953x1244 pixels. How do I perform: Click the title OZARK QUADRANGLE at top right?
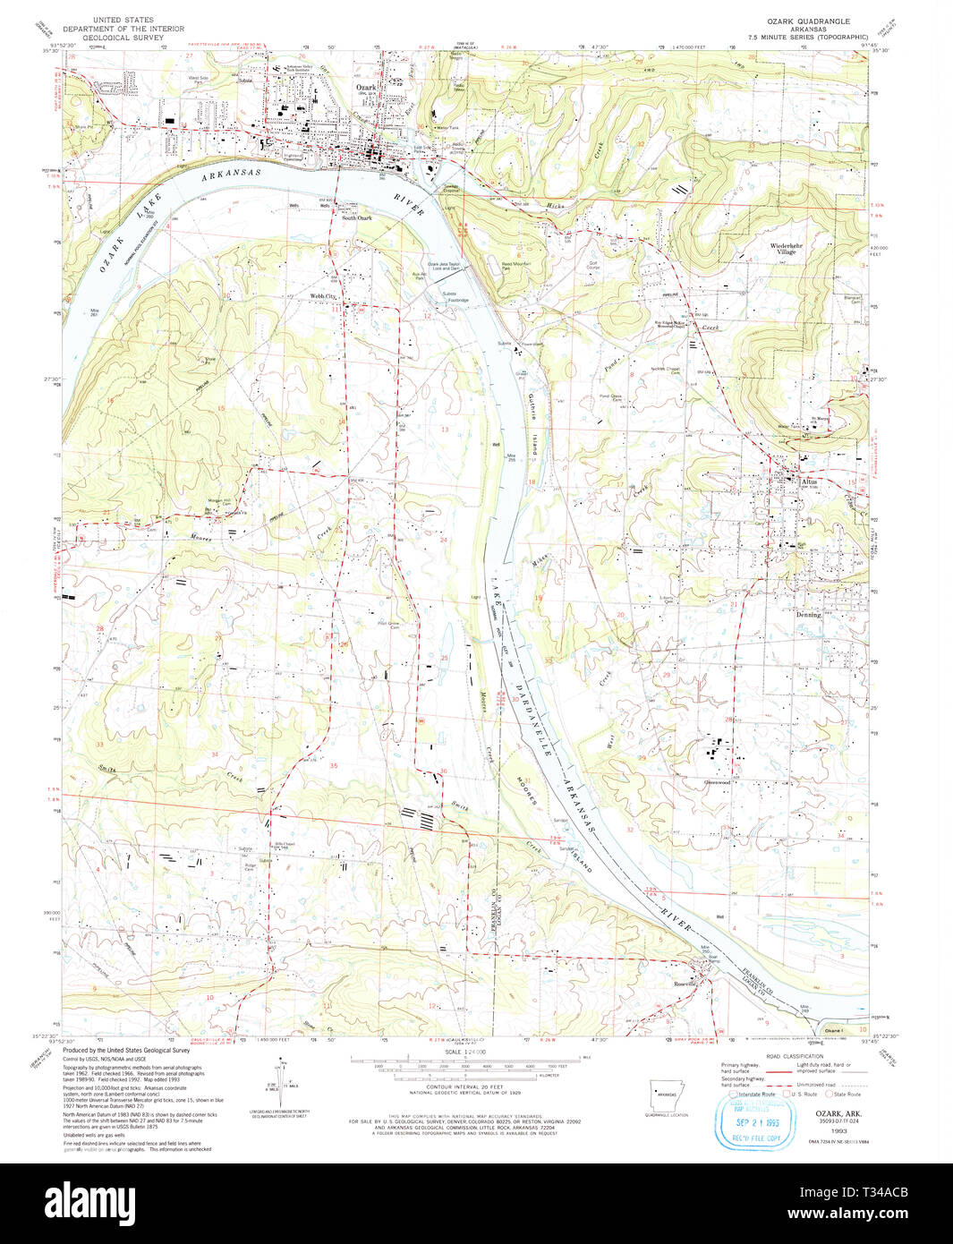(x=805, y=20)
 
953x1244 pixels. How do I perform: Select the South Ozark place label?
(x=358, y=217)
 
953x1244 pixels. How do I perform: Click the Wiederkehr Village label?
(x=783, y=248)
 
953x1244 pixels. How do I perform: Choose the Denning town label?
(x=808, y=615)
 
